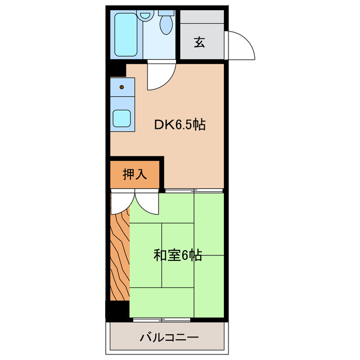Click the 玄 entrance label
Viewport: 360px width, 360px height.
coord(200,42)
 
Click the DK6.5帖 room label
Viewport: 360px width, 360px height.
coord(179,125)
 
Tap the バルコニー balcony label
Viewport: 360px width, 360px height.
coord(168,338)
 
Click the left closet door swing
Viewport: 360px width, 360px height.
coord(120,203)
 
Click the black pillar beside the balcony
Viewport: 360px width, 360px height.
coord(118,311)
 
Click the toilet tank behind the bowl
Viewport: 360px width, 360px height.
coord(166,12)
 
